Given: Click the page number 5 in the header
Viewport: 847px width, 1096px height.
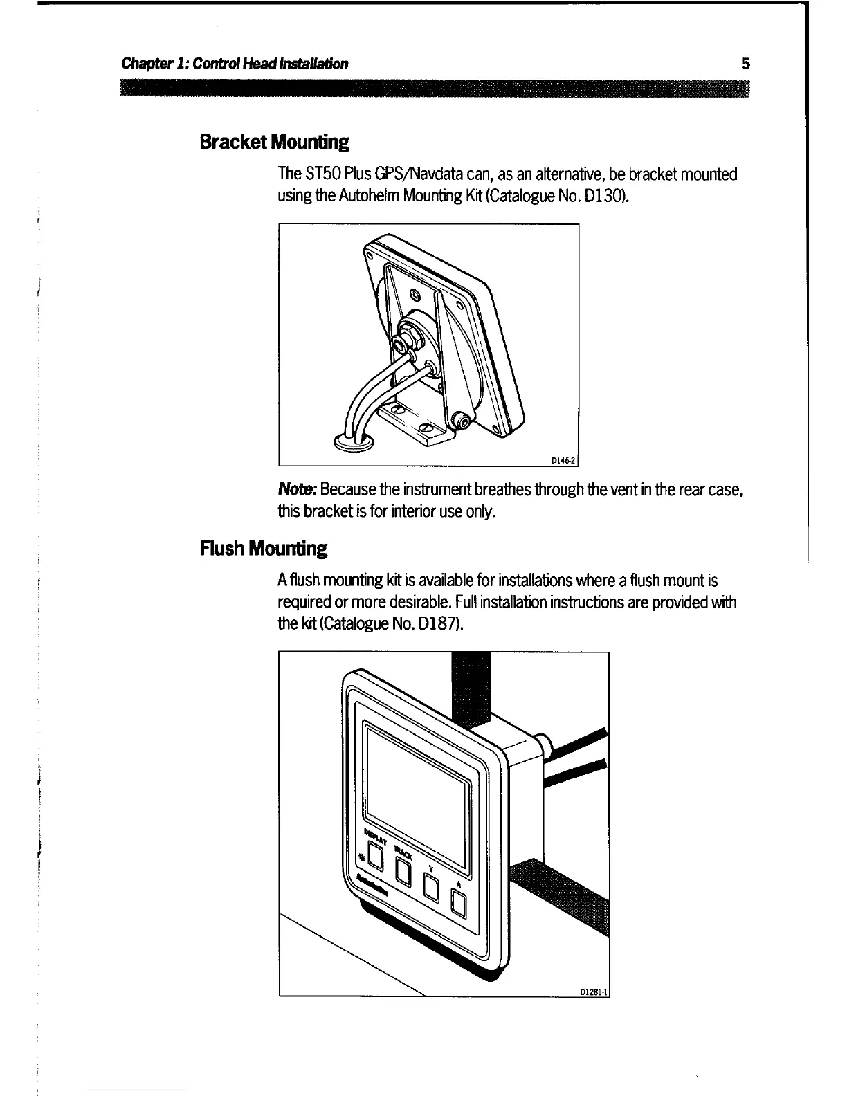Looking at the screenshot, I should (745, 64).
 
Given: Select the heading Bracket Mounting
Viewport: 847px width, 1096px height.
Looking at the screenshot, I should (274, 143).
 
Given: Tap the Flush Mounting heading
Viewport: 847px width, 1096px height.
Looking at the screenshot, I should (263, 549).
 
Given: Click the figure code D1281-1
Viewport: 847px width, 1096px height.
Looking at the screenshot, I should (593, 991).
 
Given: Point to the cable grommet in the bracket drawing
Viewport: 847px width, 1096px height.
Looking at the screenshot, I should (354, 440).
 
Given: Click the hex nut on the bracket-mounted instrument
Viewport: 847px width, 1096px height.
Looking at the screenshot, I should (401, 343).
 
